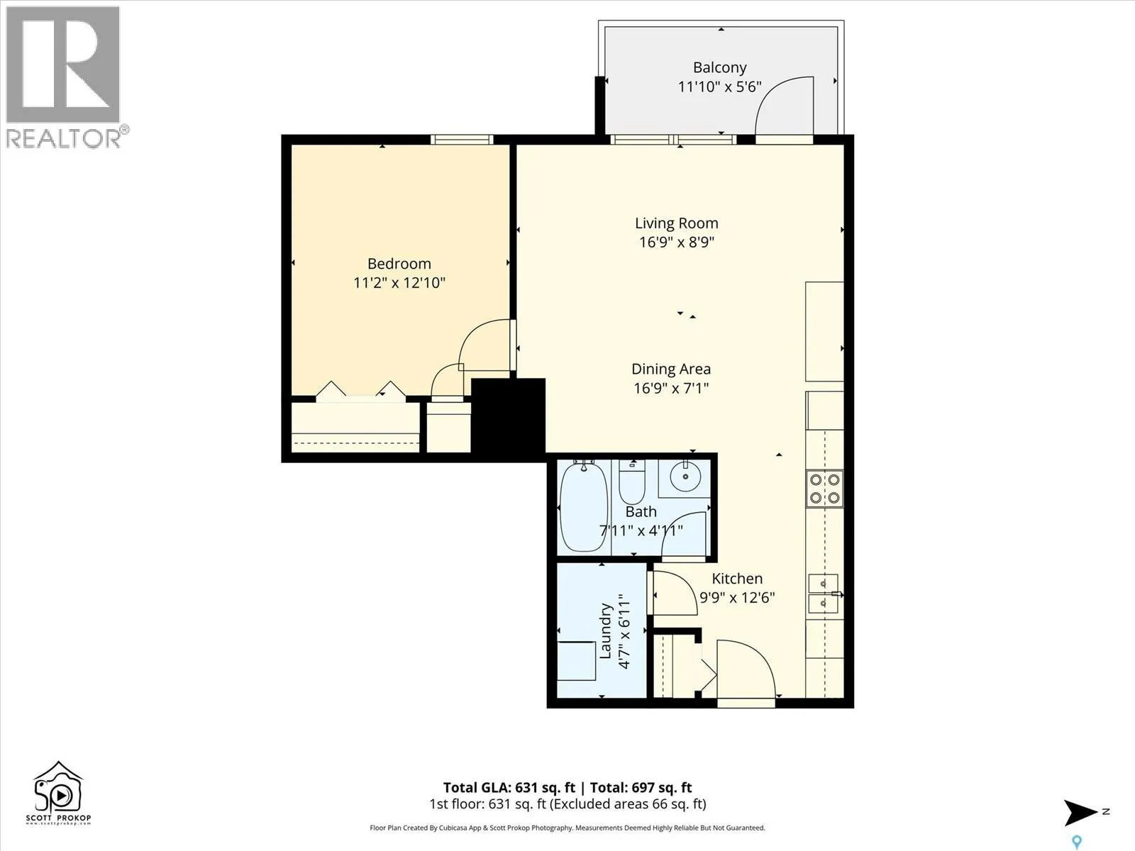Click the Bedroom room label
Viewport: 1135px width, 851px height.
click(x=399, y=264)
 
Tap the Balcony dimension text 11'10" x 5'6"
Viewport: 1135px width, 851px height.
click(x=720, y=87)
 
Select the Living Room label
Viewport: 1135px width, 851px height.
click(x=676, y=223)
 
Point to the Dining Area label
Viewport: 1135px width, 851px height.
click(x=671, y=369)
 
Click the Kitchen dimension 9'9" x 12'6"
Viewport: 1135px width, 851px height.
click(x=737, y=597)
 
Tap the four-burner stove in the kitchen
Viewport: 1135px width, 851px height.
click(x=824, y=489)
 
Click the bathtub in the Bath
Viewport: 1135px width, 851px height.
click(x=584, y=506)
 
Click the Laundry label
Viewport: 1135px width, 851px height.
click(x=606, y=631)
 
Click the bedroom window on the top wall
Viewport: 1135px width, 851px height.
click(x=462, y=139)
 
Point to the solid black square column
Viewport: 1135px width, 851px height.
click(x=508, y=416)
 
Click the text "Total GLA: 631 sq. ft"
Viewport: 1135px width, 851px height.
click(x=509, y=787)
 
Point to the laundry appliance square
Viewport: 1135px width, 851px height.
click(x=577, y=661)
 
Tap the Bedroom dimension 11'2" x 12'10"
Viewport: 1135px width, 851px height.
click(x=399, y=283)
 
